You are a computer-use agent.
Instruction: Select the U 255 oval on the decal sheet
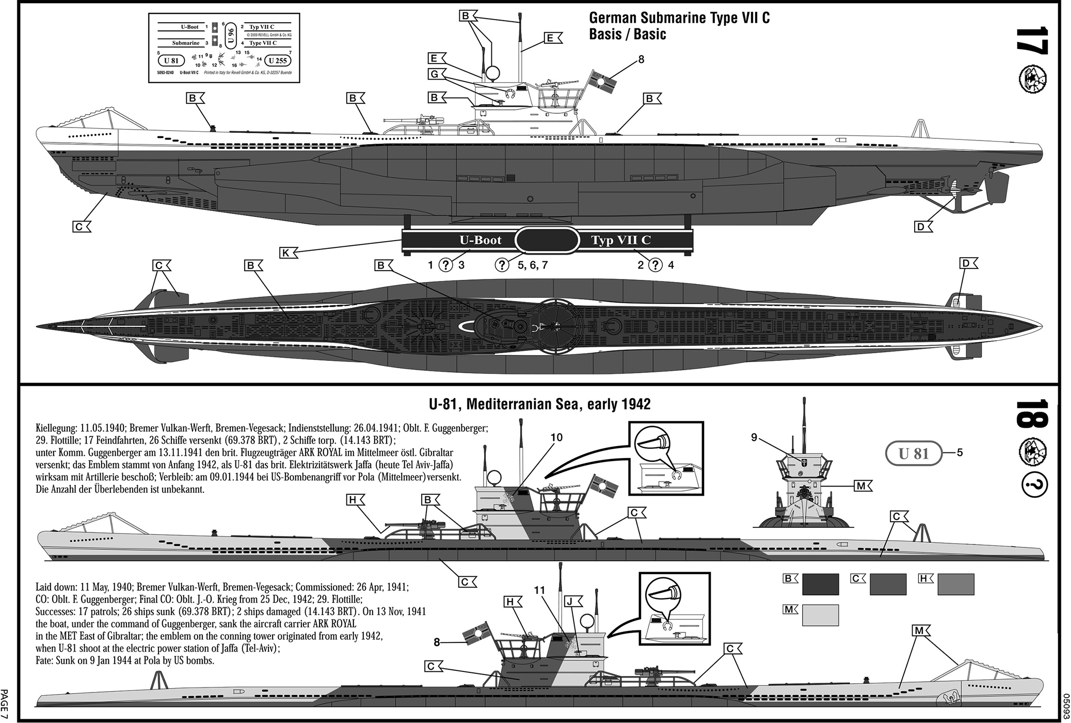coord(278,60)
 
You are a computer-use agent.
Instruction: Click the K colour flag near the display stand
coord(287,253)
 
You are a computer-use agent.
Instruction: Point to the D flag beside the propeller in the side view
coord(922,226)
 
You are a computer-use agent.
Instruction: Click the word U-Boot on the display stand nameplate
coord(481,240)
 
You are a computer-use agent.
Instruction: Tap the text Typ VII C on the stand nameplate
coord(621,240)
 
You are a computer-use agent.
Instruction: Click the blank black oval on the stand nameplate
coord(547,240)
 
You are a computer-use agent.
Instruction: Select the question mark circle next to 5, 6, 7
coord(502,265)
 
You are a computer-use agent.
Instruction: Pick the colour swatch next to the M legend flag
coord(820,615)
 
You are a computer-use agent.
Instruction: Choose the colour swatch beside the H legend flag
coord(955,584)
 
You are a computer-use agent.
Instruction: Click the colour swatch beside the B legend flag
coord(820,584)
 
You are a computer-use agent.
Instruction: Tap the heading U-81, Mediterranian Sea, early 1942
coord(539,404)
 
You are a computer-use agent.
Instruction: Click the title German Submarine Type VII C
coord(679,18)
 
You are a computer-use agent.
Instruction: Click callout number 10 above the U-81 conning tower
coord(556,438)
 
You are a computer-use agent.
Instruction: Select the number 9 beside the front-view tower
coord(754,437)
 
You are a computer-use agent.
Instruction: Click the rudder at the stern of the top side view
coord(997,188)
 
